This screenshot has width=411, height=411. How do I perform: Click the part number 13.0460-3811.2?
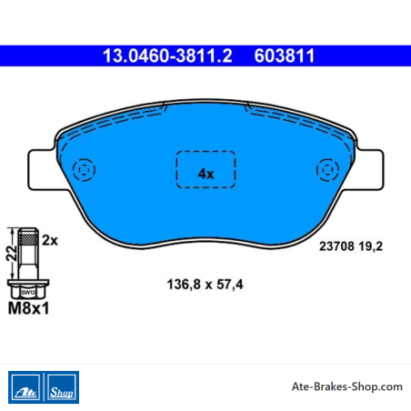[167, 55]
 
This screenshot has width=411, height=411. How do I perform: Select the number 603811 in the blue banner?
[285, 55]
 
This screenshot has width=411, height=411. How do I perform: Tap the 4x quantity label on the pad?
[205, 174]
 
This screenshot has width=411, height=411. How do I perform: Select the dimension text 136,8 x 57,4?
[205, 285]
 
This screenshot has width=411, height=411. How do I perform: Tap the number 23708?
[336, 246]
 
